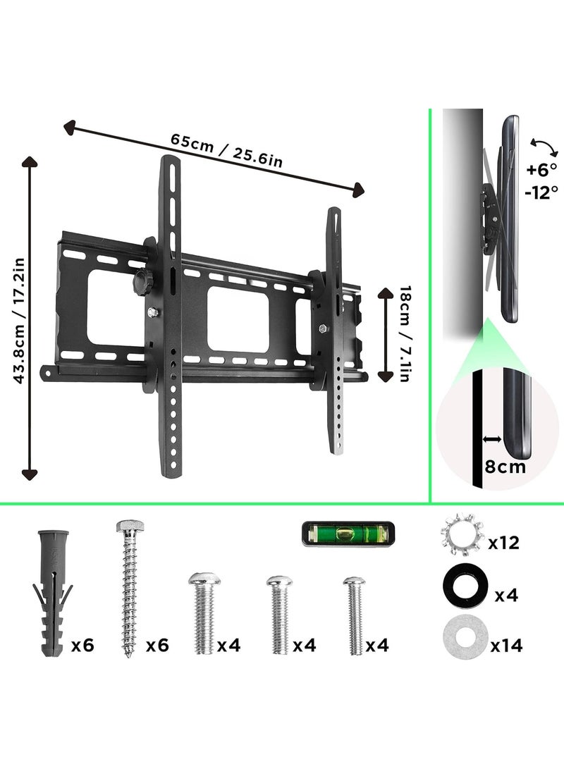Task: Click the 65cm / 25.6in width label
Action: coord(226,149)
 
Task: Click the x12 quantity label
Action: coord(503,543)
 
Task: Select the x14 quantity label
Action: coord(505,645)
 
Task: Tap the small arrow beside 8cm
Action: coord(491,439)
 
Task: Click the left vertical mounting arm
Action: coord(171,317)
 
